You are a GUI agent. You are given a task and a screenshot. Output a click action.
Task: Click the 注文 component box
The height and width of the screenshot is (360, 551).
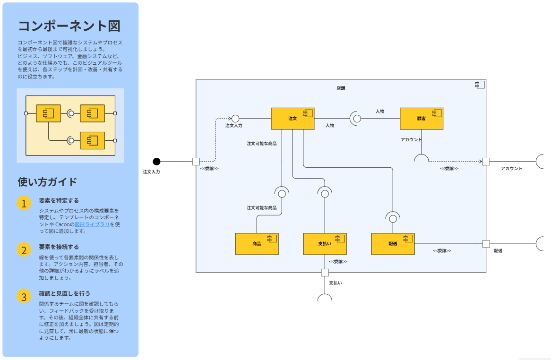tap(293, 119)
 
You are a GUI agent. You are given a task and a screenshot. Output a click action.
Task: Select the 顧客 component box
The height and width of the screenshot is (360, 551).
tap(421, 119)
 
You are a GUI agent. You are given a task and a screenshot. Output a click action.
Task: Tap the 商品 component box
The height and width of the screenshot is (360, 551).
tap(257, 244)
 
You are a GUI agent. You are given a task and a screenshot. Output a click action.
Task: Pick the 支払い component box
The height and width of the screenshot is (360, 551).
tap(325, 244)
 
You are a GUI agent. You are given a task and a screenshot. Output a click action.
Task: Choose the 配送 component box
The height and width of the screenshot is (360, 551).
tap(393, 244)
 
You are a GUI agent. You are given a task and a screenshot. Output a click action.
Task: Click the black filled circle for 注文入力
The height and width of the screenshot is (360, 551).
tap(157, 162)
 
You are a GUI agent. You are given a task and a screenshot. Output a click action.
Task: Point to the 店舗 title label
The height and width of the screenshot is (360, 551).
tap(341, 88)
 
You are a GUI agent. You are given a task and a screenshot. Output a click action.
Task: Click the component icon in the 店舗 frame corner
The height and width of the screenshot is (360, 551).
tap(480, 85)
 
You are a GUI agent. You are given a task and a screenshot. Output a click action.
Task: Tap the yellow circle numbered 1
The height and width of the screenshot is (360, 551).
tap(24, 203)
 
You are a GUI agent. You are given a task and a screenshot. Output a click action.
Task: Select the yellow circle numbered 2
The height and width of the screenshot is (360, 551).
tap(24, 249)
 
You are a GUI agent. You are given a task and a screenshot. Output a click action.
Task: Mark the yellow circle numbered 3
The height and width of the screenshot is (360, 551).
tap(24, 296)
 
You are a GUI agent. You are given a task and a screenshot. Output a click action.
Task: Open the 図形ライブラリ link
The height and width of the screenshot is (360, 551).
tap(92, 224)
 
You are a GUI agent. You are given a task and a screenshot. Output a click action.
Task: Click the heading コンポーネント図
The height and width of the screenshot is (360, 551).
tap(69, 26)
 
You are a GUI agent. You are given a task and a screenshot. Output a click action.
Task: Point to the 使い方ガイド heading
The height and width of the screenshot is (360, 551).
tap(47, 182)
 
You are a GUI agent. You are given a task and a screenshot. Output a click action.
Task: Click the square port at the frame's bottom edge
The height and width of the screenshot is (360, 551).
tap(325, 272)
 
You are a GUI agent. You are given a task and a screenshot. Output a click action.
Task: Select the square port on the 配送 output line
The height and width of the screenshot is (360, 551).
tap(486, 244)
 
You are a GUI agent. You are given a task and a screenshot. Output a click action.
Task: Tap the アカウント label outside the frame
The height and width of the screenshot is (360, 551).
tap(511, 169)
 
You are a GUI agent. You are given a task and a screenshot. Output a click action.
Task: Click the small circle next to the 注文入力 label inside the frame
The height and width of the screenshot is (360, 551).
tap(235, 118)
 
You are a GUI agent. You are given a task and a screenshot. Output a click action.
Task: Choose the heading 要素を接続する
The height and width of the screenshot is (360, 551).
tap(59, 247)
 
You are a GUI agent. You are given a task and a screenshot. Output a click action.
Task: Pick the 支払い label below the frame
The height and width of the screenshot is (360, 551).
tap(336, 283)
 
